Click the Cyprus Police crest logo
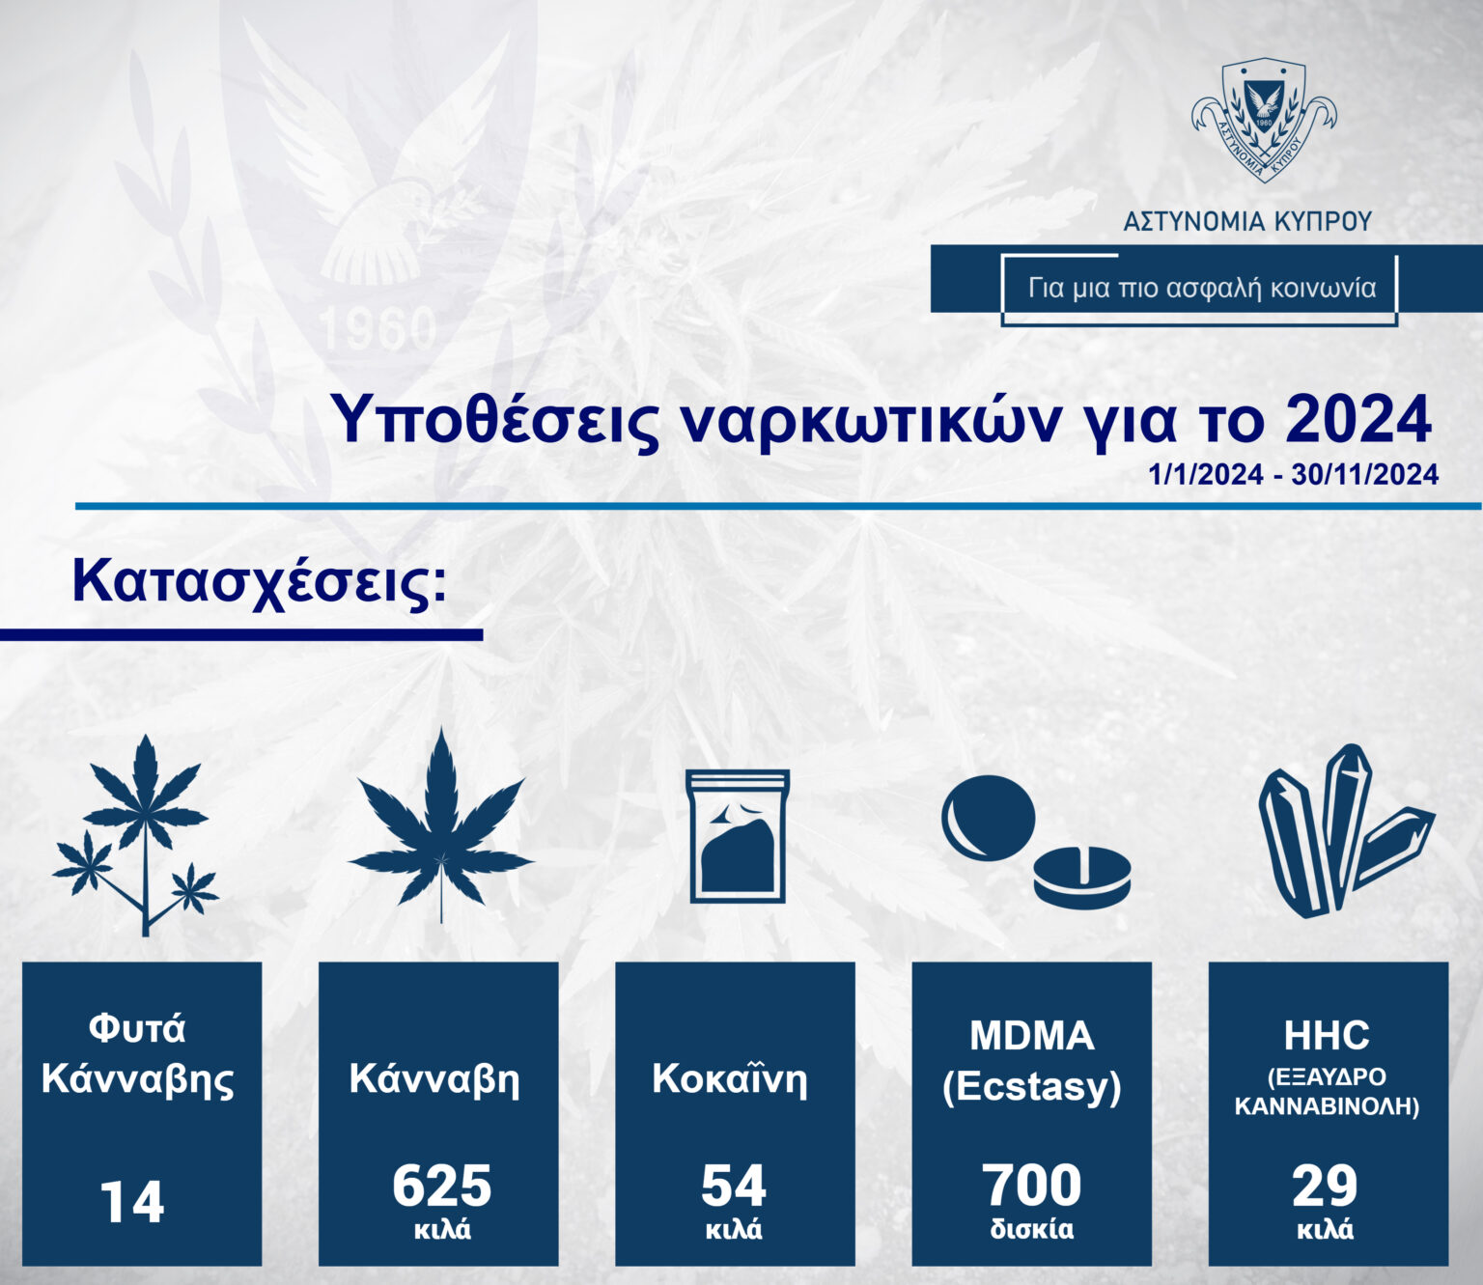click(1264, 120)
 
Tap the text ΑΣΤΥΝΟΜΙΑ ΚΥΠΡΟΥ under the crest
click(1247, 221)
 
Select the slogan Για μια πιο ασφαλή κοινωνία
click(1202, 288)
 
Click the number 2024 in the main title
click(1358, 421)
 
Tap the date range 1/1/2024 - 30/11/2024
click(1293, 475)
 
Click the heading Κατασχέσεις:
click(260, 583)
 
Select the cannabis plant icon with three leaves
click(136, 835)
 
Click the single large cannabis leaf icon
click(440, 826)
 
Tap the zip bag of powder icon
click(737, 836)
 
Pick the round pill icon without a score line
click(989, 818)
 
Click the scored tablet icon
click(1082, 878)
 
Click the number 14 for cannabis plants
click(132, 1202)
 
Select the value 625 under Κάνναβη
click(442, 1186)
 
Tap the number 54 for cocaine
click(734, 1186)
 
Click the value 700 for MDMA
click(1032, 1186)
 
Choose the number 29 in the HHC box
click(1326, 1186)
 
